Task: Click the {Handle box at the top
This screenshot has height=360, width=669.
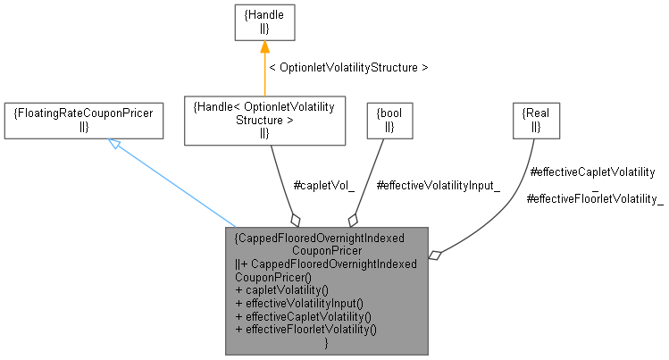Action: click(264, 21)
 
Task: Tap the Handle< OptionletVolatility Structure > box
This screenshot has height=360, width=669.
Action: click(263, 120)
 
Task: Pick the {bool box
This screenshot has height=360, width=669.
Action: click(388, 120)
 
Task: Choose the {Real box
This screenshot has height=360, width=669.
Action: click(536, 120)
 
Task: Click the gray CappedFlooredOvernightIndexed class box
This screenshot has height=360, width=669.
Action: click(326, 290)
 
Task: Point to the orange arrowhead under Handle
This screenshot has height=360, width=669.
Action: click(264, 48)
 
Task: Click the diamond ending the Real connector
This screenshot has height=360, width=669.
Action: click(435, 255)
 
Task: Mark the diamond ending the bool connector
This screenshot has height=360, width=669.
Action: click(354, 219)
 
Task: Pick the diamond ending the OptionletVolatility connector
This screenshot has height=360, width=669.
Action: click(295, 219)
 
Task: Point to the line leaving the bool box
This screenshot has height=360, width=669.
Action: click(372, 175)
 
